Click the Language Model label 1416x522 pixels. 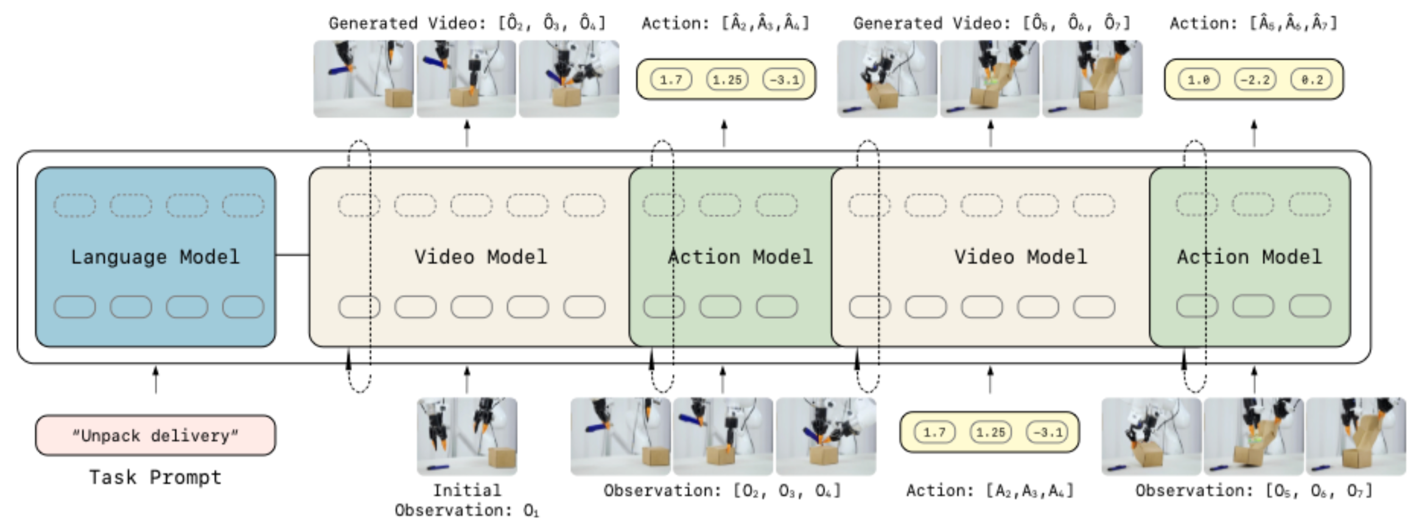155,257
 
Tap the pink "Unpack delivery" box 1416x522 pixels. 155,436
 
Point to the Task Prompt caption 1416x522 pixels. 155,478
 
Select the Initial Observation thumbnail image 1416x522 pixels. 467,436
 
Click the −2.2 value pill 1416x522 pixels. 1255,80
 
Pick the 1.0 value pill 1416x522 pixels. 1199,80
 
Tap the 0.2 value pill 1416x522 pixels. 1311,80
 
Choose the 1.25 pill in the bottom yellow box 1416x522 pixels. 990,433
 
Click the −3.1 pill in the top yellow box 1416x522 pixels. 783,80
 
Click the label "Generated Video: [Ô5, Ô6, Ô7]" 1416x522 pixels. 991,23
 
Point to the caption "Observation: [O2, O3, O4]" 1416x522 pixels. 722,490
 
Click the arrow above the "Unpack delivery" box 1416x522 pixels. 155,380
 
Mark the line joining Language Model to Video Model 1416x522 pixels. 292,255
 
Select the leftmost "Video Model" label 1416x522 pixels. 480,257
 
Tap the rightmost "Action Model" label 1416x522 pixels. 1249,257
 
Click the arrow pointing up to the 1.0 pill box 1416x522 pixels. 1253,133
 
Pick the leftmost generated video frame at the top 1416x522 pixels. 363,78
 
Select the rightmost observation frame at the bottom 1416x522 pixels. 1356,436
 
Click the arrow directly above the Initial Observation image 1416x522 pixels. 467,380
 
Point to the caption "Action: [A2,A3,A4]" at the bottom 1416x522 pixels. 990,490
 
